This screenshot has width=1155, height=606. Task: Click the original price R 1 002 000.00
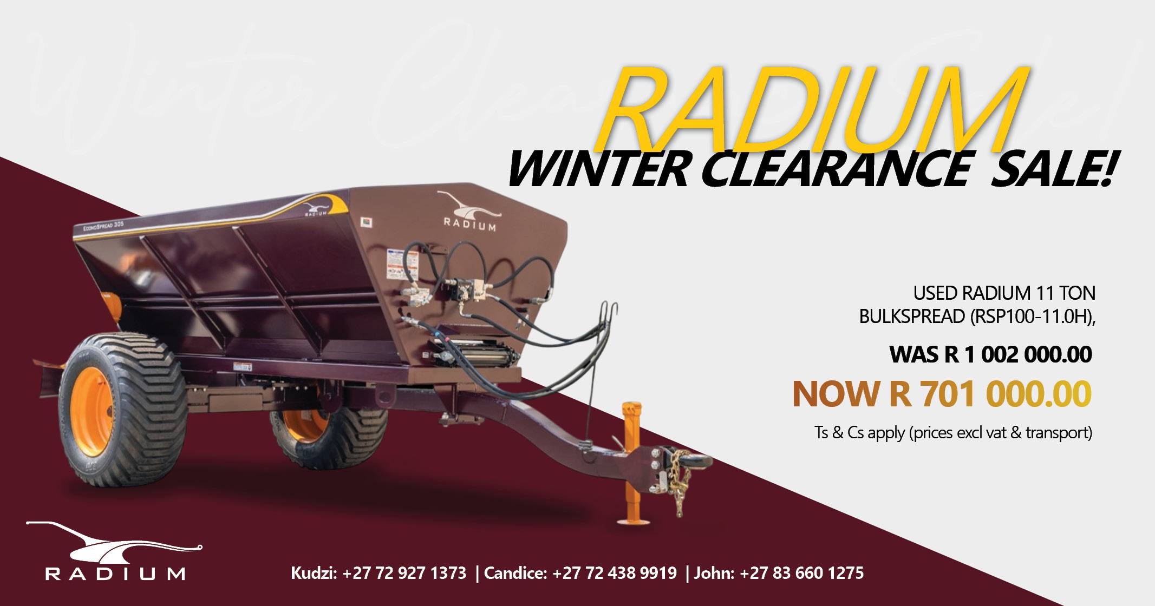point(1018,355)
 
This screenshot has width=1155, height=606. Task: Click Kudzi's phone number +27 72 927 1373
point(404,572)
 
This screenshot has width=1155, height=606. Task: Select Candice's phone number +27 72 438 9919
point(615,572)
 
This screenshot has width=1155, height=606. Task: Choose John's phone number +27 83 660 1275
point(801,572)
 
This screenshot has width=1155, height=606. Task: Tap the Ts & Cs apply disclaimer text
point(952,433)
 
